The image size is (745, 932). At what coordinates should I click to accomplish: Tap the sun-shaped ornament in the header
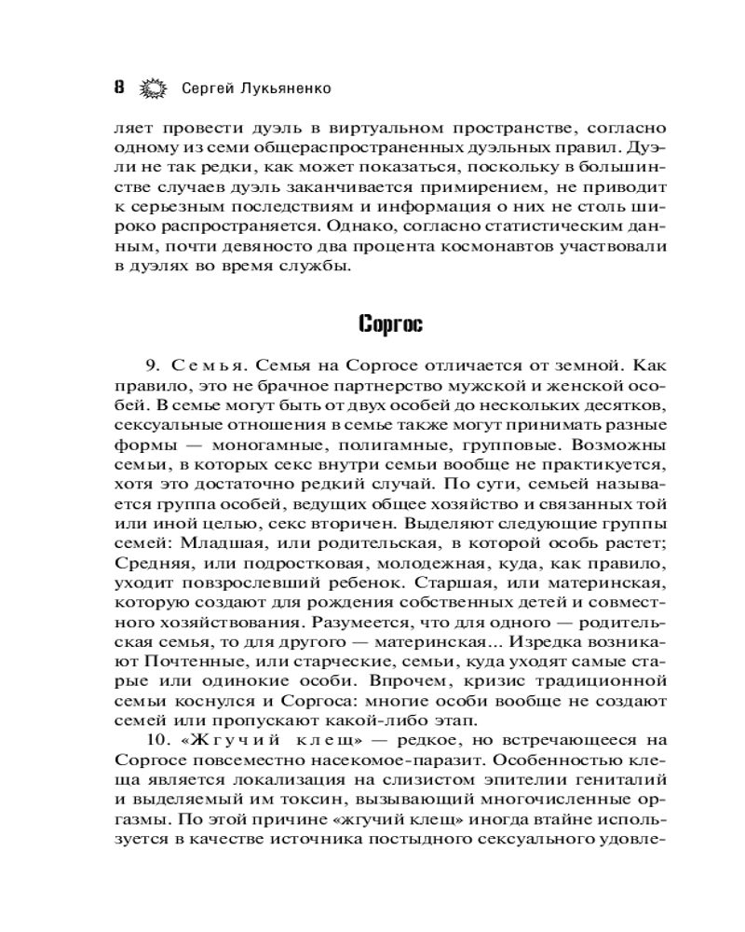(x=152, y=89)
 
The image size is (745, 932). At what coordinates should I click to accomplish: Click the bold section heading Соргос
(x=390, y=324)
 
